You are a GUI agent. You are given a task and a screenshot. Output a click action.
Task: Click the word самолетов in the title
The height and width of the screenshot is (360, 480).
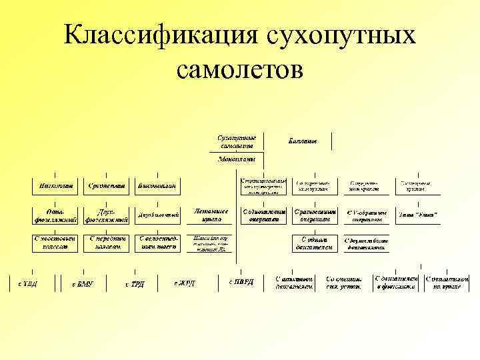(240, 69)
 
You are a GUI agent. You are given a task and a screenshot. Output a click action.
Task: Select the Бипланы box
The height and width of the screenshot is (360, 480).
(302, 141)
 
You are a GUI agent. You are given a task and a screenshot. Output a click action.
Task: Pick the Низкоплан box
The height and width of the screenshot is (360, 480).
(55, 185)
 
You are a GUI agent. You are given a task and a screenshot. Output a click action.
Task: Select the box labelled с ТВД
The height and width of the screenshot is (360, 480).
(27, 283)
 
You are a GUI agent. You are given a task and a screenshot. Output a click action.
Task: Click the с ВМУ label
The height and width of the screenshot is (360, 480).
(82, 283)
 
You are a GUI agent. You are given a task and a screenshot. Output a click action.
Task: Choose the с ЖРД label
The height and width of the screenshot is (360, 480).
(185, 283)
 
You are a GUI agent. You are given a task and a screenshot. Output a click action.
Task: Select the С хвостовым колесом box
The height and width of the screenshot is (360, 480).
(55, 243)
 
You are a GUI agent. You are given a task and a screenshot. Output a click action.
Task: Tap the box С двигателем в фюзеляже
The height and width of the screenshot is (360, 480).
(396, 283)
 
